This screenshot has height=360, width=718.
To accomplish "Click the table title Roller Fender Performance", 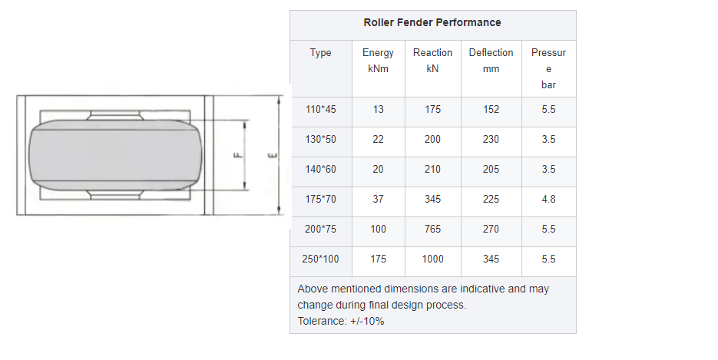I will [432, 22].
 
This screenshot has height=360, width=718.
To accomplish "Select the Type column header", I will [320, 53].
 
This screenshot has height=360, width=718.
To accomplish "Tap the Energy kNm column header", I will [378, 61].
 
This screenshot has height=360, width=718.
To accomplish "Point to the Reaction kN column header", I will [432, 61].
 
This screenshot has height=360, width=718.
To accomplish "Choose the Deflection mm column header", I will [491, 61].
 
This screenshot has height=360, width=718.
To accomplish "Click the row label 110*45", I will [320, 110].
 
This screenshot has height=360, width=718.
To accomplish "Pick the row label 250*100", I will [320, 259].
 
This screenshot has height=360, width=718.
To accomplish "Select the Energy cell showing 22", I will [378, 140].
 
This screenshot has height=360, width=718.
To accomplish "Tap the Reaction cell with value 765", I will [432, 230].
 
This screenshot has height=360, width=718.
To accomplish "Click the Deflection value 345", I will [491, 259].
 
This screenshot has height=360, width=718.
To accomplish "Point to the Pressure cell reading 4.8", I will [548, 200].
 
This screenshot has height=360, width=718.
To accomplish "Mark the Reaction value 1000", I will [432, 259].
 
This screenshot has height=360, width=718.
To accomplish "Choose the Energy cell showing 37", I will [378, 200].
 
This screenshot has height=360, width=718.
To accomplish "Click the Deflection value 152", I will [491, 110].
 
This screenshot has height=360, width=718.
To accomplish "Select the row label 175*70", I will [320, 200].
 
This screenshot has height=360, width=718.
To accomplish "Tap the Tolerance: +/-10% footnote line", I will [340, 321].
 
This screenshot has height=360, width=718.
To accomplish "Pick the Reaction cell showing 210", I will [432, 170].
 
